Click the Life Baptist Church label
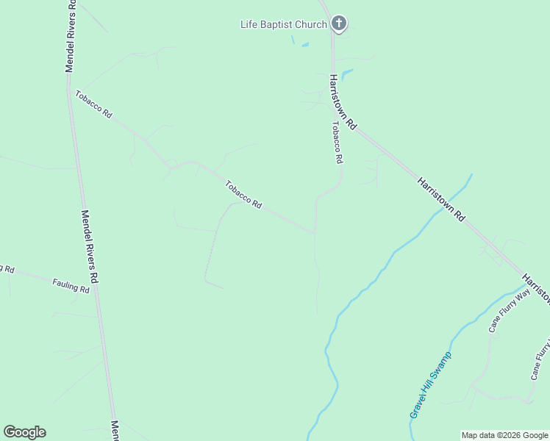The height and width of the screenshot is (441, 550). coord(284,24)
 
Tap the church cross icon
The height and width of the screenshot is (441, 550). coord(338,24)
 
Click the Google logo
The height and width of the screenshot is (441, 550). coord(24,432)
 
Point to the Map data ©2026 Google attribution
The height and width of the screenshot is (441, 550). coord(504,435)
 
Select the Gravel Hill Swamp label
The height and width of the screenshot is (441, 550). coord(430,385)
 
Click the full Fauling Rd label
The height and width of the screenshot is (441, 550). coord(71,285)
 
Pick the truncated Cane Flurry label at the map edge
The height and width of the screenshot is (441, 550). coord(541,360)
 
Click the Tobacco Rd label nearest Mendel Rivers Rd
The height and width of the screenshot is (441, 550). coord(93,104)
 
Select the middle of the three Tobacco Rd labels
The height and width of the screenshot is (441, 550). coord(243,195)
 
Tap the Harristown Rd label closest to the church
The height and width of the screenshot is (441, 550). coord(343,102)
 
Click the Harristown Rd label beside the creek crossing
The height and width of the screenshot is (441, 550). coord(442,199)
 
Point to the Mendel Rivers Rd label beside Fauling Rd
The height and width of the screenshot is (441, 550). coord(90,247)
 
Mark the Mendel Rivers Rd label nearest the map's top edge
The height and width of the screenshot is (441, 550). coord(71,35)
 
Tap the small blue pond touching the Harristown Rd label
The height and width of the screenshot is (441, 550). coord(346,73)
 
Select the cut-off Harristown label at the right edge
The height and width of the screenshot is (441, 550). coord(537,288)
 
